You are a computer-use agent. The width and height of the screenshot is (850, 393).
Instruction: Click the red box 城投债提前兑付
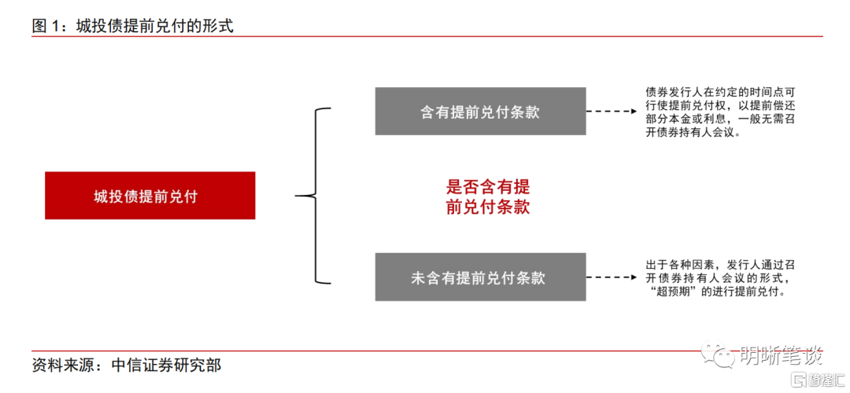click(x=150, y=196)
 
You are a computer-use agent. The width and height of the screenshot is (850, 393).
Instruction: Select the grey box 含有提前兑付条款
click(x=480, y=111)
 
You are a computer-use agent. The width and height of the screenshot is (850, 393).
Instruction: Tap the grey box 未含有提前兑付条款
click(x=480, y=277)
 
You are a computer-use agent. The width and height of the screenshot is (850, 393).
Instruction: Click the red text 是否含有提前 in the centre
click(x=488, y=187)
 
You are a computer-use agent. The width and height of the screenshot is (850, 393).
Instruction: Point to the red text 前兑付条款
click(x=488, y=208)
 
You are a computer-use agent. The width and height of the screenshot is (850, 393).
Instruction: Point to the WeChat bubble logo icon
click(x=715, y=354)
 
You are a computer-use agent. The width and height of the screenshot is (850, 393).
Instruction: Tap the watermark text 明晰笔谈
click(x=779, y=355)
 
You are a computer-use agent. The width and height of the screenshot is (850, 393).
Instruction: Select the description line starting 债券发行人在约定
click(x=720, y=92)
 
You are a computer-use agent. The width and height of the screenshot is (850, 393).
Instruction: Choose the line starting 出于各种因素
click(x=720, y=265)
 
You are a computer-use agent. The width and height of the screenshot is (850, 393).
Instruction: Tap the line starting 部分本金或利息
click(x=720, y=119)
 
